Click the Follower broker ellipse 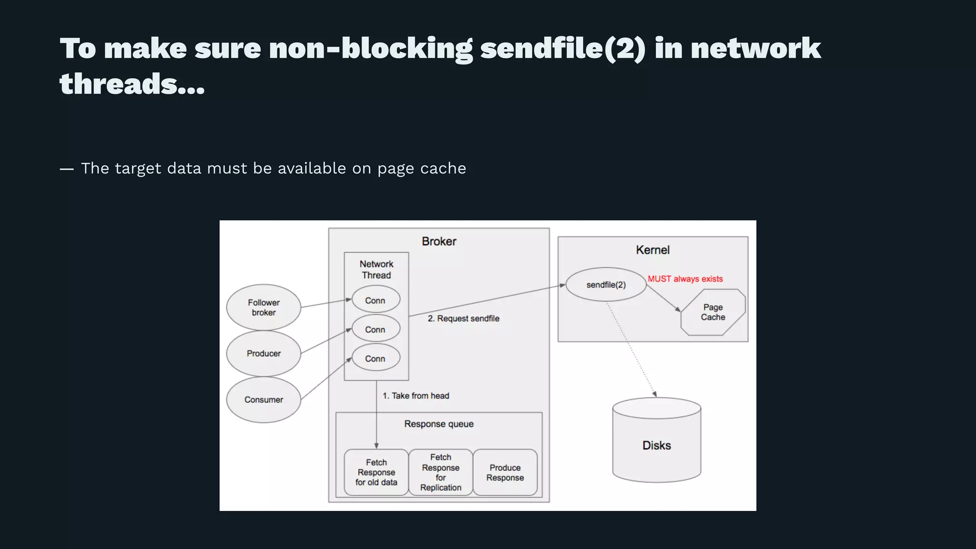tap(264, 307)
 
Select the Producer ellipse tap(264, 354)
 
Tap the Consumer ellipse tap(264, 400)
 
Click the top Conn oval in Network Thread tap(376, 301)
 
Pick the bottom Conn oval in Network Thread tap(376, 358)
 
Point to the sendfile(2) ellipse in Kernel tap(606, 285)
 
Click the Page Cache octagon tap(713, 312)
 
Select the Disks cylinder tap(656, 445)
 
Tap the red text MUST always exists tap(685, 279)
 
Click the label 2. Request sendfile tap(463, 318)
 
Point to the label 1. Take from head tap(416, 396)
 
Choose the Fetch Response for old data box tap(376, 472)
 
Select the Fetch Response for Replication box tap(440, 472)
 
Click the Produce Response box tap(505, 472)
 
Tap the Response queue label tap(439, 424)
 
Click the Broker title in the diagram tap(439, 242)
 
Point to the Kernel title tap(652, 250)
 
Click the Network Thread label tap(376, 269)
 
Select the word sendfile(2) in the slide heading tap(563, 49)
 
